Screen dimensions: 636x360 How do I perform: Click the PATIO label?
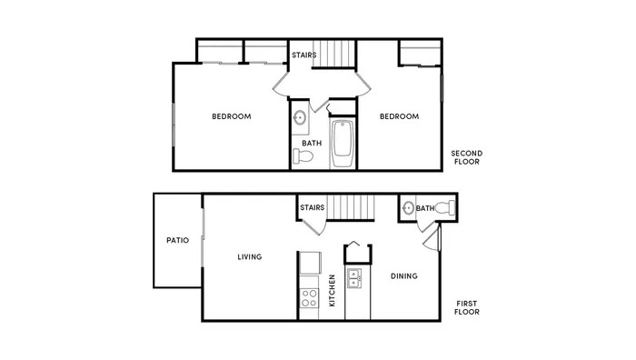(x=178, y=240)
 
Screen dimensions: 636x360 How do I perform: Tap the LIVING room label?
(x=250, y=257)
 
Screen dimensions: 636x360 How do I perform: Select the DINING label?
(x=404, y=276)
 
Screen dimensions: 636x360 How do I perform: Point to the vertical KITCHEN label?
(x=332, y=291)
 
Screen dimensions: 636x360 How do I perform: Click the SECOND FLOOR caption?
(x=467, y=157)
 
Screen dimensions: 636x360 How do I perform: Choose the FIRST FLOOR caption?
(x=467, y=307)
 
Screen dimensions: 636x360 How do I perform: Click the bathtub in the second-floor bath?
(x=343, y=144)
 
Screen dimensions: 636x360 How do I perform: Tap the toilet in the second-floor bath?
(x=303, y=155)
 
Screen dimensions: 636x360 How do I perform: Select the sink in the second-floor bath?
(x=299, y=118)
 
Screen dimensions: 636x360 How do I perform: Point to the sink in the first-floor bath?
(x=408, y=208)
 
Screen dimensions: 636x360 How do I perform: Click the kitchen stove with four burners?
(x=309, y=298)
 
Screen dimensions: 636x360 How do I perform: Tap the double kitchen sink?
(x=354, y=278)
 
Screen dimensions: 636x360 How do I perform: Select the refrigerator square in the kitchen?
(x=311, y=263)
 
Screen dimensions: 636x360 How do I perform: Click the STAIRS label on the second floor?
(x=304, y=55)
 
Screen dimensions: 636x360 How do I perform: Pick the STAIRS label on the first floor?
(x=313, y=207)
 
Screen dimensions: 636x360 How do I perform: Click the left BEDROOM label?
(x=232, y=116)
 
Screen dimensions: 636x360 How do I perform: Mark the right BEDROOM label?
(x=399, y=116)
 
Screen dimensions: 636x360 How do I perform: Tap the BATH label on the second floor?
(x=312, y=143)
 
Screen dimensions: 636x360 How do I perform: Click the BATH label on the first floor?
(x=425, y=208)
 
